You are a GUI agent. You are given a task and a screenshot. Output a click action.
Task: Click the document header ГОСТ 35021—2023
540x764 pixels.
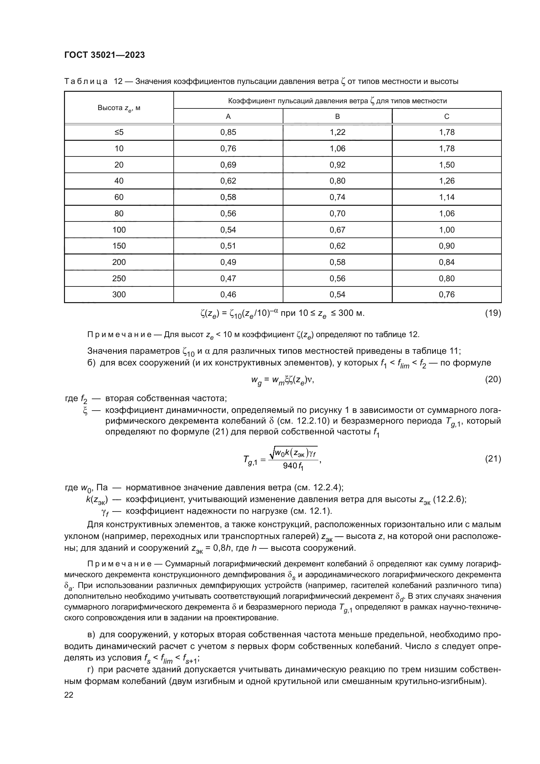(104, 55)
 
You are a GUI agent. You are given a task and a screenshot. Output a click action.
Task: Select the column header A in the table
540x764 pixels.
(228, 117)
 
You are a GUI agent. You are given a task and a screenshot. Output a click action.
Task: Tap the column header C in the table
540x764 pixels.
(447, 117)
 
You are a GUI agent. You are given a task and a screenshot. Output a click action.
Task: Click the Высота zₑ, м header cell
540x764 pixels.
(119, 108)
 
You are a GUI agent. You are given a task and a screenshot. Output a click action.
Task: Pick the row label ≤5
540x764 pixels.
(119, 132)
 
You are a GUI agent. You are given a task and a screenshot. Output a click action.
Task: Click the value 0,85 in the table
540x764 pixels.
(228, 132)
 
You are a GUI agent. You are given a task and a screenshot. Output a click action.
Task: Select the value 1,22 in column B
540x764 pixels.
(338, 132)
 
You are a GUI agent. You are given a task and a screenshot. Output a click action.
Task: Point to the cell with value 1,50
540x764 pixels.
(447, 165)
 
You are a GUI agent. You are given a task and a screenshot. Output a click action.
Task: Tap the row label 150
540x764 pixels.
(119, 246)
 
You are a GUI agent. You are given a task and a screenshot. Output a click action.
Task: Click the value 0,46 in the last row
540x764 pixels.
(228, 295)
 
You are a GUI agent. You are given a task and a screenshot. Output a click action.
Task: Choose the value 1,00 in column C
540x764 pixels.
(447, 230)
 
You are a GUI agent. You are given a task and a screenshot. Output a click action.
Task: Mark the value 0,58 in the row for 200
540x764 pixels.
(338, 262)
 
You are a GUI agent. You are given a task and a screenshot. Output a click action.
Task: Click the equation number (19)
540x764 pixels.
(493, 313)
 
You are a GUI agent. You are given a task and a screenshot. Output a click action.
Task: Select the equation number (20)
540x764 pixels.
(493, 379)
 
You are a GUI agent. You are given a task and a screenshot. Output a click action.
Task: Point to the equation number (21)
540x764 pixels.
(493, 459)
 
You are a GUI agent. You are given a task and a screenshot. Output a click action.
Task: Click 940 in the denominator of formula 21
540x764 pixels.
(290, 466)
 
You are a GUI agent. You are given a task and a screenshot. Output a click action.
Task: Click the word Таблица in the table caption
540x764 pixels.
(86, 82)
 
